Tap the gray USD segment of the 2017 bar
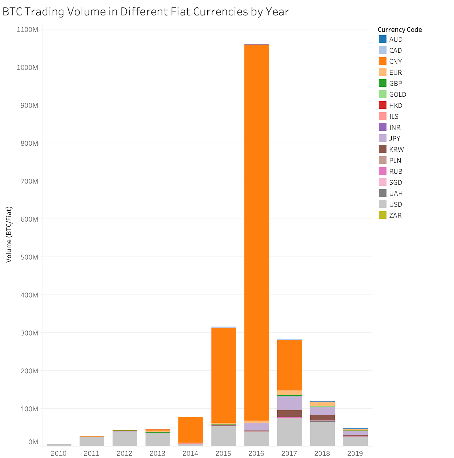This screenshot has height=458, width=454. [x=289, y=432]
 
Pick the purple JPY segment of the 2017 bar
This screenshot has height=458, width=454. [x=289, y=403]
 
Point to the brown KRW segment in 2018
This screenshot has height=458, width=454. [x=322, y=417]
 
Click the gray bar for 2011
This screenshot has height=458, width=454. [x=92, y=441]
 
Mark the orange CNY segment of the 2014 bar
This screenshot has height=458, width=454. [x=191, y=430]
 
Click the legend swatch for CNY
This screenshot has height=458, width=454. [x=382, y=61]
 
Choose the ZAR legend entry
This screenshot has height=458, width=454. [x=395, y=215]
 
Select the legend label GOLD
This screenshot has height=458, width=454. [x=397, y=94]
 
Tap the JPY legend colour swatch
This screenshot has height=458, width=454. [x=382, y=138]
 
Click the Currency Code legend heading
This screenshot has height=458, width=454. [x=399, y=30]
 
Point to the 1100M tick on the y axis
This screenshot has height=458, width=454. [x=27, y=29]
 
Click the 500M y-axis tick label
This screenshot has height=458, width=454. [x=29, y=257]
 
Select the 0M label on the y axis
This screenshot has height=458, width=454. [x=33, y=442]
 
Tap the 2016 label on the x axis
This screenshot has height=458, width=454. [x=256, y=453]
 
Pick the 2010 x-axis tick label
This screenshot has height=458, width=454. [x=59, y=453]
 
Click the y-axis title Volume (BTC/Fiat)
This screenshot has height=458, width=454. [x=9, y=234]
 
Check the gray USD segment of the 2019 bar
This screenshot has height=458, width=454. [x=355, y=441]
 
